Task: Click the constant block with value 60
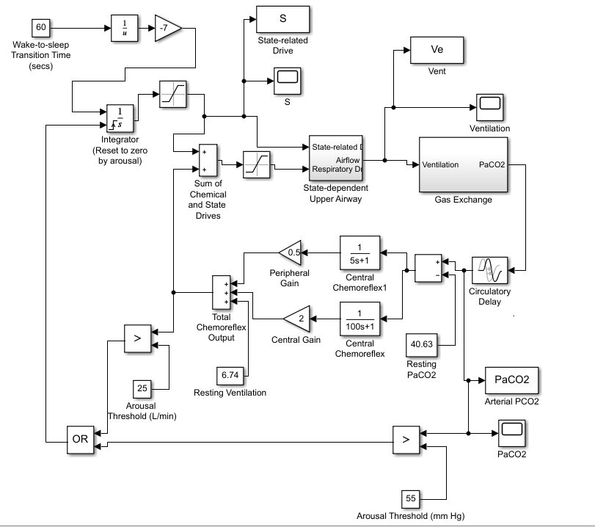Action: pos(41,28)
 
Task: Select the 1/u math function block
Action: pos(124,28)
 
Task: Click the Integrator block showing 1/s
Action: pos(120,117)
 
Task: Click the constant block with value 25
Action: pos(143,388)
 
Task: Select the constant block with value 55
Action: pos(411,498)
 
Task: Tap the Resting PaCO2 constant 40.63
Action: pos(423,343)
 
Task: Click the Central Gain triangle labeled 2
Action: pos(295,318)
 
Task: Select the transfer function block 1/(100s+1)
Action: pos(359,318)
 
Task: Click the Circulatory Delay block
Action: pos(489,271)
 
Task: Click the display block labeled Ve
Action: pos(437,50)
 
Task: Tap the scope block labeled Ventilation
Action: pos(489,107)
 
